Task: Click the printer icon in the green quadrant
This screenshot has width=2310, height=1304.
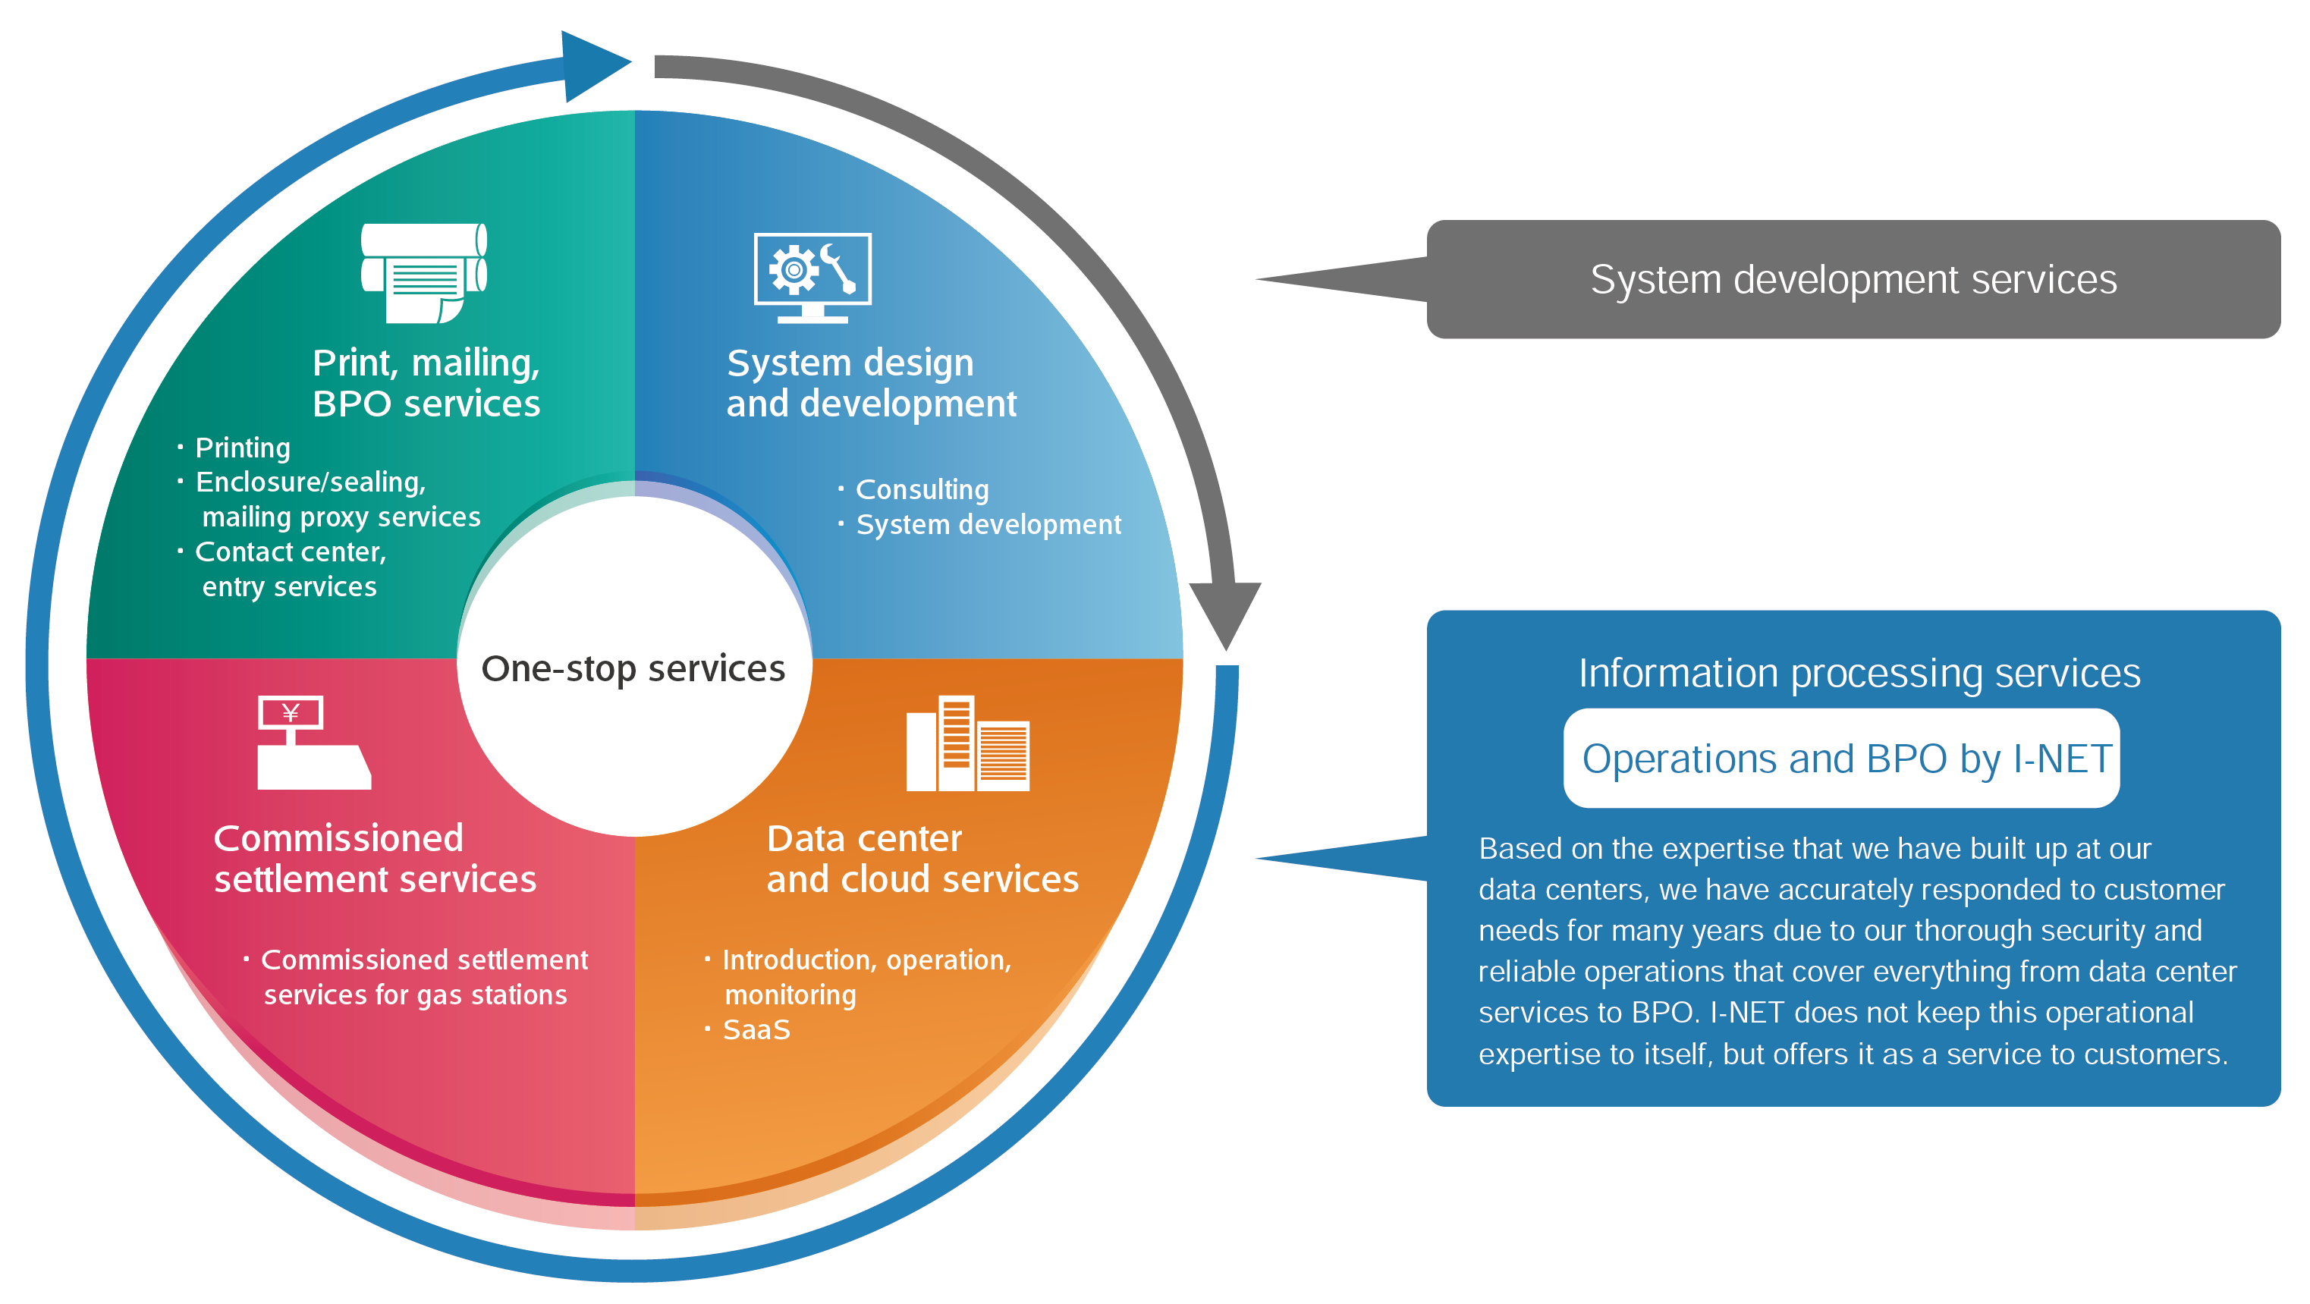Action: click(x=423, y=272)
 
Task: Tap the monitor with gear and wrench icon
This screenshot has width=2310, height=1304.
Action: click(x=812, y=278)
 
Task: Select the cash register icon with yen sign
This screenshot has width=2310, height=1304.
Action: click(x=314, y=743)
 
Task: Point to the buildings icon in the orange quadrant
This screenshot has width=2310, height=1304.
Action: click(x=967, y=743)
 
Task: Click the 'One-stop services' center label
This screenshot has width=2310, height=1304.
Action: click(x=633, y=669)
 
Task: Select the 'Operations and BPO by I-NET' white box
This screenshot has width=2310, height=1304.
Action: click(x=1841, y=759)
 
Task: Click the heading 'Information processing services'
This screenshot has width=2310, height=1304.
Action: click(x=1859, y=674)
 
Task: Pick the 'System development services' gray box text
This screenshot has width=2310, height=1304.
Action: click(x=1853, y=280)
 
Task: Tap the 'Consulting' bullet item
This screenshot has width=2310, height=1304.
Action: click(x=922, y=490)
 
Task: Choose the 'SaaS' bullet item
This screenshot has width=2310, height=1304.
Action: click(x=756, y=1029)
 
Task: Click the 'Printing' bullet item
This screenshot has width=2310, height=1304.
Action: click(x=242, y=448)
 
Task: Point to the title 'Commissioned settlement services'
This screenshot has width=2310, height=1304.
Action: click(x=375, y=858)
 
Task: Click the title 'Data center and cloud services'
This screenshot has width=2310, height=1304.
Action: click(x=922, y=858)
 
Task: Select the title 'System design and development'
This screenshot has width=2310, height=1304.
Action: click(x=872, y=383)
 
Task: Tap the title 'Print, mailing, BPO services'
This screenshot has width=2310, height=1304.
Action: click(x=426, y=383)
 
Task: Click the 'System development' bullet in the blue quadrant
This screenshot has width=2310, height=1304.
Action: click(x=988, y=525)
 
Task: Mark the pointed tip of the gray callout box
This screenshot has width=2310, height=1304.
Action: click(x=1257, y=279)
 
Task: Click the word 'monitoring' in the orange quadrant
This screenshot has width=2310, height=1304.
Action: click(x=790, y=995)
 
